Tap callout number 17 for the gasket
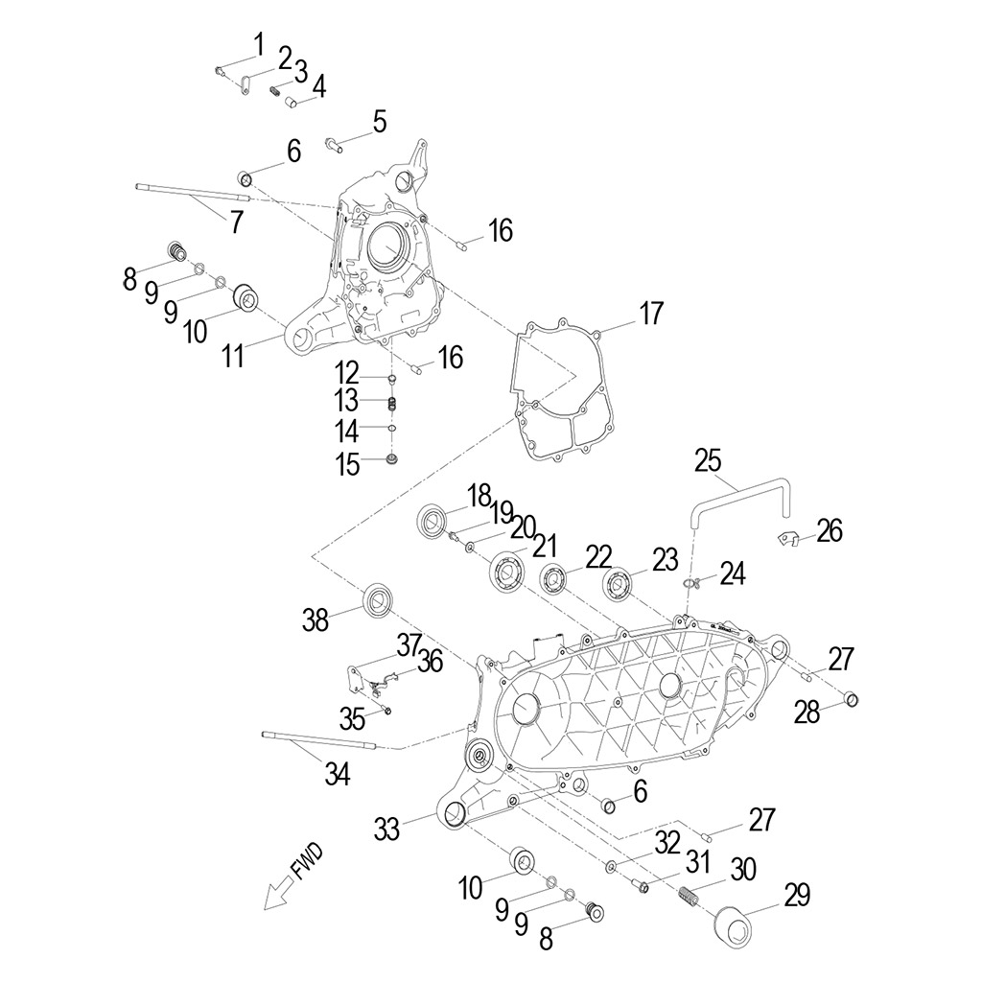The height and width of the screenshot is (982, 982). click(651, 314)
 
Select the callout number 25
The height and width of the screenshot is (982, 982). click(709, 460)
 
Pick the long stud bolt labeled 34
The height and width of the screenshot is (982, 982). click(316, 740)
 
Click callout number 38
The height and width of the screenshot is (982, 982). click(316, 620)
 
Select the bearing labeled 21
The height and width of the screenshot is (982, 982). click(505, 573)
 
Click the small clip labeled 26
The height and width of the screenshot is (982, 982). click(786, 539)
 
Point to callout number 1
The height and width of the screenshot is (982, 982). click(258, 44)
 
